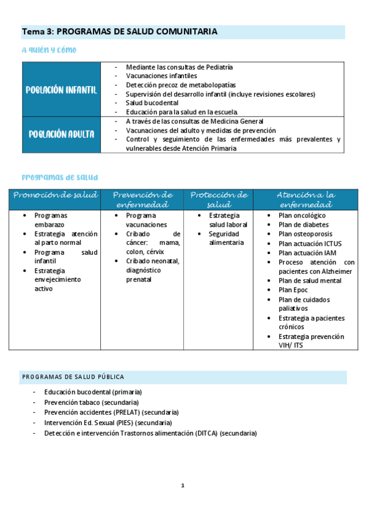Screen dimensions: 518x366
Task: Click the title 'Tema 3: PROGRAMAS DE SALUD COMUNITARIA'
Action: coord(120,31)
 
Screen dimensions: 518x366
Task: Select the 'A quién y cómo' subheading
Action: coord(49,49)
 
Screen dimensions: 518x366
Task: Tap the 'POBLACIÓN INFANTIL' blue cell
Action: coord(61,90)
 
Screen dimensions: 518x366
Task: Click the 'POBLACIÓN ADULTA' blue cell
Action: coord(61,134)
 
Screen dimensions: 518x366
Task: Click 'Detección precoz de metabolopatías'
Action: coord(181,85)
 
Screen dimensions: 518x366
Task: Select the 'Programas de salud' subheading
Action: coord(59,177)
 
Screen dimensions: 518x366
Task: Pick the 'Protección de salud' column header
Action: coord(219,199)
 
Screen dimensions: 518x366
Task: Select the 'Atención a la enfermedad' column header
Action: coord(306,199)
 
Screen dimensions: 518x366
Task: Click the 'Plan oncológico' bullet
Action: coord(302,216)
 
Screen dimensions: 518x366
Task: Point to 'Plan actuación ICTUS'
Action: coord(306,243)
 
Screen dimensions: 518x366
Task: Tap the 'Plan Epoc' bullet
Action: coord(294,290)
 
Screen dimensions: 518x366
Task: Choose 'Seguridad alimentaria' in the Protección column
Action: coord(226,238)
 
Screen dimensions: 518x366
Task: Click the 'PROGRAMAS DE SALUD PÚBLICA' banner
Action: coord(73,377)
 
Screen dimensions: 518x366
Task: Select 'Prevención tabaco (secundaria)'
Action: coord(92,403)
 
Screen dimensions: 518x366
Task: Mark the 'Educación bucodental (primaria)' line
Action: coord(93,392)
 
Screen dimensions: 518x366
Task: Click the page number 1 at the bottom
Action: coord(183,486)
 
